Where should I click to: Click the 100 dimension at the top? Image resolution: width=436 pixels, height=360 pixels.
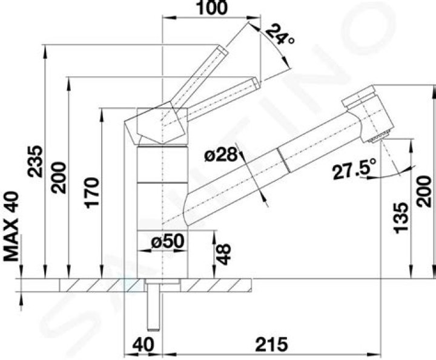click(x=212, y=8)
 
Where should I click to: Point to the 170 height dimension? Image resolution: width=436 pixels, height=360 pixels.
click(x=93, y=193)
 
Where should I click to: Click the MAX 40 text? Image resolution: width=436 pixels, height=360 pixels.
click(x=12, y=226)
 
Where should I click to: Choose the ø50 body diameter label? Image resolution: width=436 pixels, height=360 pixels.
click(x=168, y=241)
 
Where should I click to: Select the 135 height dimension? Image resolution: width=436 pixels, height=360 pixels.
click(x=401, y=218)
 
